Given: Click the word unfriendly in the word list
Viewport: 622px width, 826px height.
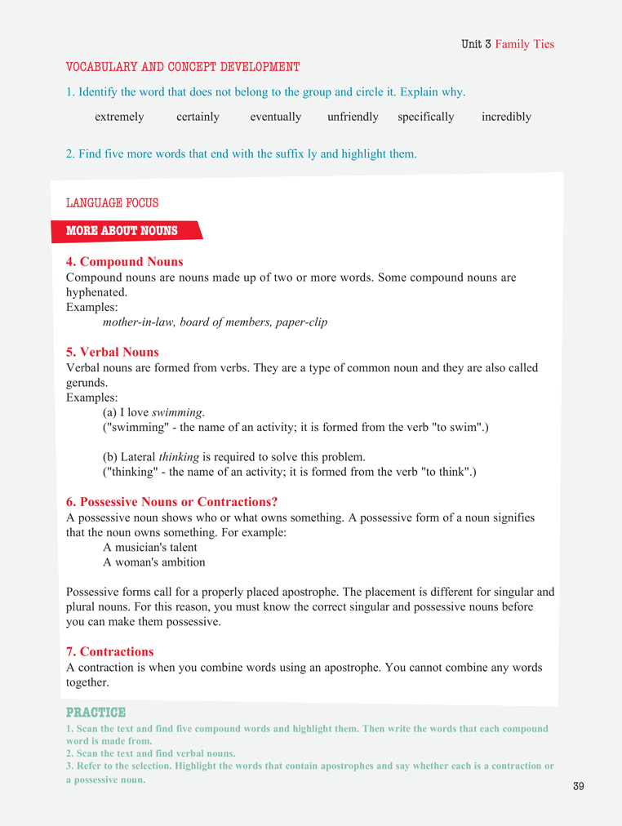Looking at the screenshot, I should tap(353, 117).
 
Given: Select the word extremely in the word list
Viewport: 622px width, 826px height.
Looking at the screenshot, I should tap(119, 117).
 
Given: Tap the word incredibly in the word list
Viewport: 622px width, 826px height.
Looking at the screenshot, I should tap(506, 117).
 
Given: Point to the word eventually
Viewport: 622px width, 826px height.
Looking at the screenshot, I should tap(276, 117).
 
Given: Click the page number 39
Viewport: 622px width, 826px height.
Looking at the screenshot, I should tap(579, 786).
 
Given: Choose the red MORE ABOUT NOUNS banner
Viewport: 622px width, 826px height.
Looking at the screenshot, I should tap(122, 231).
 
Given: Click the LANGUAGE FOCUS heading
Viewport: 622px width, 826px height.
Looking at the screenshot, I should tap(112, 203).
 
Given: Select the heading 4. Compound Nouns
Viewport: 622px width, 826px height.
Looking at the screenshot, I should tap(124, 262).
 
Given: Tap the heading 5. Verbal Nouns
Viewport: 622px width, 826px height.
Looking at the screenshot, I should tap(113, 353).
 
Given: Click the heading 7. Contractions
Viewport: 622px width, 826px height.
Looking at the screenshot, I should tap(109, 651).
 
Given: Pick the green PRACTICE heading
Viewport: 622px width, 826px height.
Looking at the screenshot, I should tap(96, 713).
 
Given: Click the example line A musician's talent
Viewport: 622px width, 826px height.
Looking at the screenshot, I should tap(150, 547).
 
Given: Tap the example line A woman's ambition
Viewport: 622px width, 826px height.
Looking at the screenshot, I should tap(153, 562).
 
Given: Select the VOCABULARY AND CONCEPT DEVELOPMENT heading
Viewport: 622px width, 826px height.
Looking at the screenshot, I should tap(183, 67).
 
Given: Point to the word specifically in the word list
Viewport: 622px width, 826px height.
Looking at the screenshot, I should tap(425, 117).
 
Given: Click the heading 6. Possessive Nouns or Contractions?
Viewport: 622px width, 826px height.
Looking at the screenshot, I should tap(177, 502).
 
